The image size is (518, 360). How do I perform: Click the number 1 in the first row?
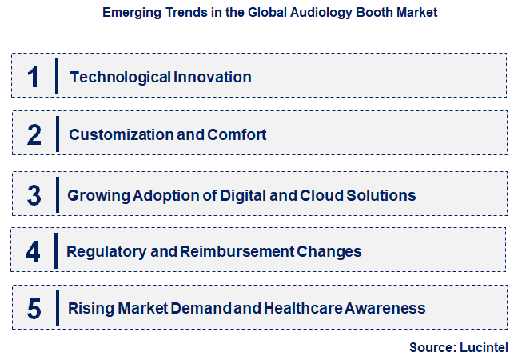[x=33, y=77]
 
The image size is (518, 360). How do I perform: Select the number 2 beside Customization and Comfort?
[x=34, y=134]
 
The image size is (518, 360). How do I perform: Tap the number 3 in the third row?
[x=34, y=194]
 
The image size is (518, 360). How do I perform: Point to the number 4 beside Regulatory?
[x=33, y=251]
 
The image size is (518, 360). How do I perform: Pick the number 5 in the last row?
[x=34, y=308]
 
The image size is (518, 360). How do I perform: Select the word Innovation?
[x=213, y=78]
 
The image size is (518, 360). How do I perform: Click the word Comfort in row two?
[x=237, y=135]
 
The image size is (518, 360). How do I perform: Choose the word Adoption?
[x=157, y=195]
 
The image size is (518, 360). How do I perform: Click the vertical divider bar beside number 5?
[x=57, y=308]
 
